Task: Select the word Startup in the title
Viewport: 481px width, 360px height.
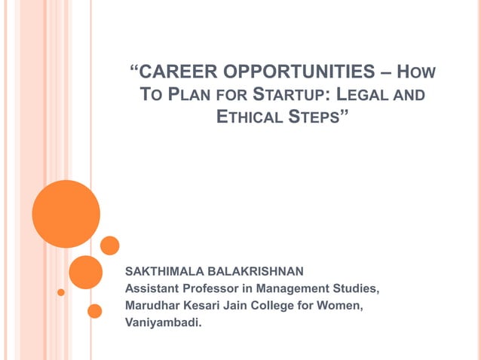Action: click(x=290, y=96)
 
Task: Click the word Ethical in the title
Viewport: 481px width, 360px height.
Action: click(x=252, y=117)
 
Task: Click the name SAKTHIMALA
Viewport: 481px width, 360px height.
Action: click(x=163, y=269)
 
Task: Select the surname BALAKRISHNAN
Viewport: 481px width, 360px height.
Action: click(x=253, y=269)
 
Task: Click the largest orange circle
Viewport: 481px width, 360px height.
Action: click(x=66, y=214)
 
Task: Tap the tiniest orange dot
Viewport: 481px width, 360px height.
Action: click(x=61, y=291)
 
